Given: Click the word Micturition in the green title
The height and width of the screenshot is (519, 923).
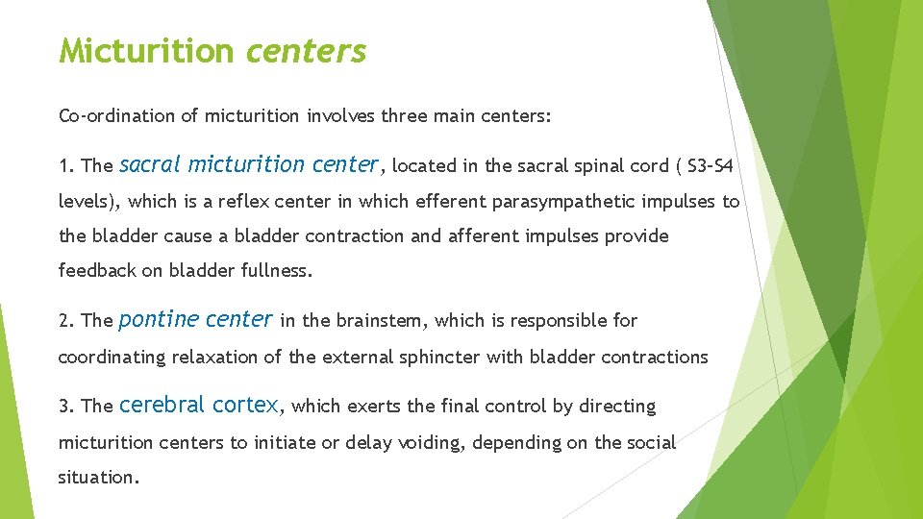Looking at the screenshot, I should [x=144, y=51].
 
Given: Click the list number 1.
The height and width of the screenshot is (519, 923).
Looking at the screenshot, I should [x=65, y=166].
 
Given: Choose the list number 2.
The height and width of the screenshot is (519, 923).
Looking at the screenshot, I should [x=65, y=321].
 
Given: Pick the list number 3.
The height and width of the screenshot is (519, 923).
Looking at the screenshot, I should [x=65, y=407].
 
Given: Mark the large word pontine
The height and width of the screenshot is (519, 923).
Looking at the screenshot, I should [x=158, y=319].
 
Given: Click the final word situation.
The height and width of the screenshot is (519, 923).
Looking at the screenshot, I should [x=98, y=478].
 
